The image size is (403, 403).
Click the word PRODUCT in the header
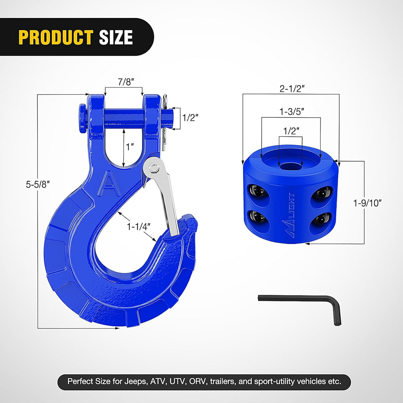pos(55,37)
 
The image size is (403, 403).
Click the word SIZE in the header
pos(116,37)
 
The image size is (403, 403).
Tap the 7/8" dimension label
pos(126,82)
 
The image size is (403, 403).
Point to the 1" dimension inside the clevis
pos(130,146)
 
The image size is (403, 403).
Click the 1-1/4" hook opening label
pos(138,226)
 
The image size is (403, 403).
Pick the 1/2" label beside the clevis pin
pos(190,118)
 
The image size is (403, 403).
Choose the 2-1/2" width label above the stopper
pos(292,89)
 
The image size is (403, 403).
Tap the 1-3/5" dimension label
pos(291,112)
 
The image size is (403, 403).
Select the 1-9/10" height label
pos(367,203)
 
